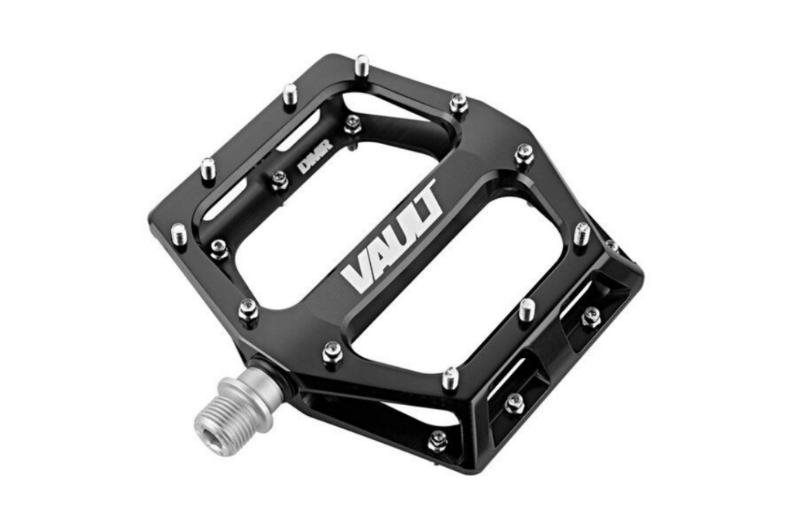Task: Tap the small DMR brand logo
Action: coord(311,166)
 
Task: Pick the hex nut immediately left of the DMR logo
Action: coord(280,180)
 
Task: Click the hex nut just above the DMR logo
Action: coord(352,122)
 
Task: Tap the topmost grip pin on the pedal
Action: coord(362,67)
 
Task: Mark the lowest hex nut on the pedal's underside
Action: coord(438,439)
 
